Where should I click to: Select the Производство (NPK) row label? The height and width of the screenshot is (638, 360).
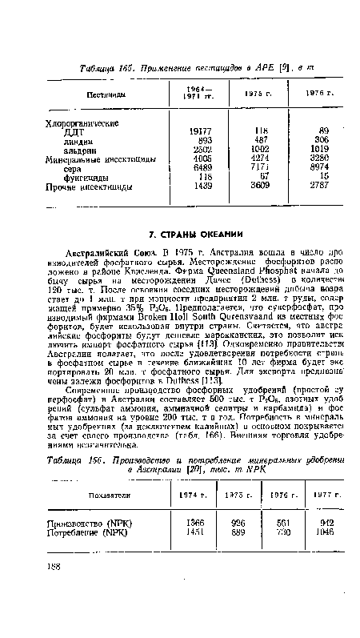[86, 520]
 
